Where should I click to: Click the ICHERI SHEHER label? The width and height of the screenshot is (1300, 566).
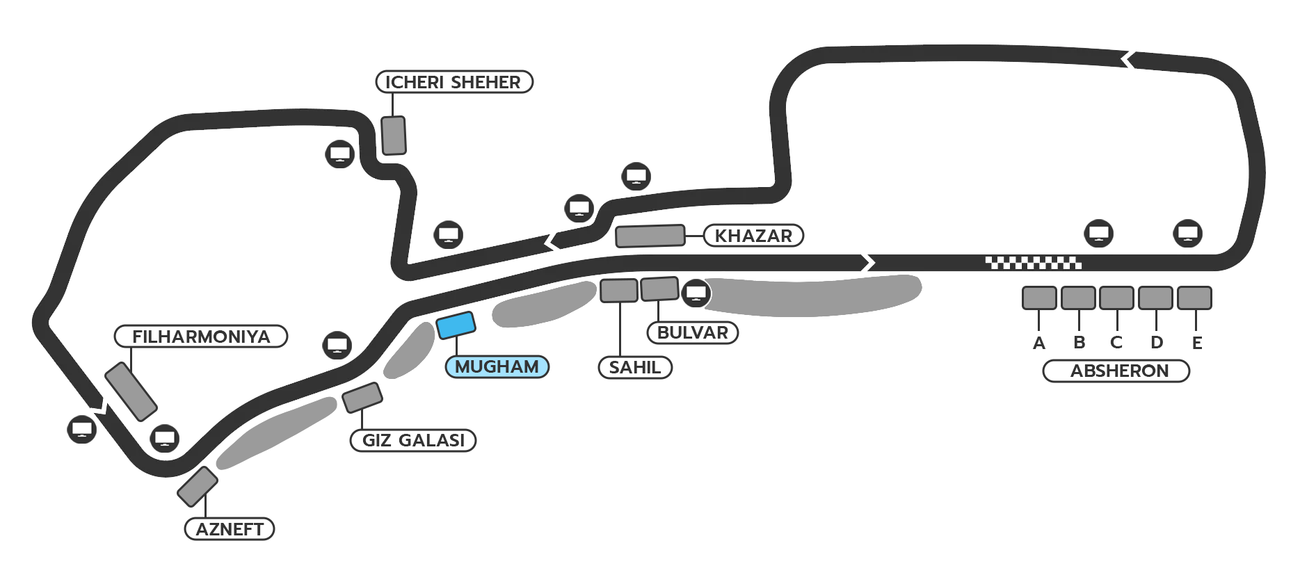[454, 82]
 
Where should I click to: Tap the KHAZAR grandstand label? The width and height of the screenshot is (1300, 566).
[753, 236]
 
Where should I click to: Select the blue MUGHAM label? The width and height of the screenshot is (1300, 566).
[497, 366]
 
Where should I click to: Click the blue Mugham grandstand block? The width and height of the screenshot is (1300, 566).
[456, 325]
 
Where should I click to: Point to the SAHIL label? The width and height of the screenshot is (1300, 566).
[634, 367]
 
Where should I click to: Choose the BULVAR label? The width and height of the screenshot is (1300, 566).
[692, 332]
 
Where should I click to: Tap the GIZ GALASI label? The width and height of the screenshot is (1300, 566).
[413, 440]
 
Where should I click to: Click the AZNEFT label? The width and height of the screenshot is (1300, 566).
[230, 529]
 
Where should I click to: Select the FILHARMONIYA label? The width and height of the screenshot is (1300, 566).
[201, 337]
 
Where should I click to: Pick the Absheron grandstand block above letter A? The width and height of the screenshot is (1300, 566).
[1039, 298]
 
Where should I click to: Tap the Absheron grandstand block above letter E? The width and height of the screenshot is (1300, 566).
[1194, 298]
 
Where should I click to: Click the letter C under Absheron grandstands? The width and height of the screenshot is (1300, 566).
[1116, 342]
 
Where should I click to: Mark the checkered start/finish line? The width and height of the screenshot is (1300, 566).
[1033, 263]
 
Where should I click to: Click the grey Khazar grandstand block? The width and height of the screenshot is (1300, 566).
[650, 236]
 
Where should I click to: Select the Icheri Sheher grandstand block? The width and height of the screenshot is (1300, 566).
[394, 136]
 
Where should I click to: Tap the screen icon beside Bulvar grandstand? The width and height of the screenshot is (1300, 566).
[696, 293]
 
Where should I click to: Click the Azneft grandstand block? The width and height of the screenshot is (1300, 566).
[198, 487]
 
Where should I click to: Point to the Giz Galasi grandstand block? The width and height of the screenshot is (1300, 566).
[362, 397]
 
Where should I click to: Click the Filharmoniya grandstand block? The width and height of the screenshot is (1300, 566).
[131, 391]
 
